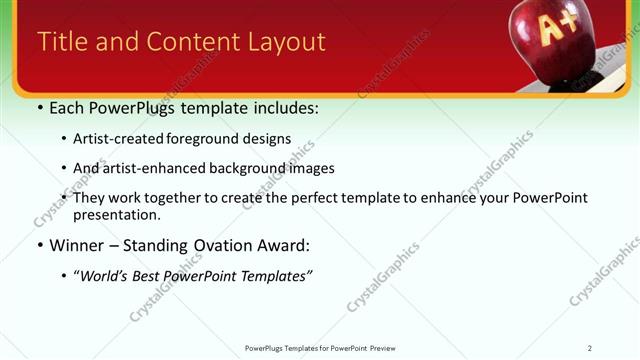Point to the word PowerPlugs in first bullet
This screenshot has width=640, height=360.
point(141,107)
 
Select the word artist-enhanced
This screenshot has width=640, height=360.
point(151,168)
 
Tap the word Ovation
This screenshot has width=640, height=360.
point(222,245)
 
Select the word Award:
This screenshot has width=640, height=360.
point(283,245)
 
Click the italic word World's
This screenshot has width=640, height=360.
point(106,275)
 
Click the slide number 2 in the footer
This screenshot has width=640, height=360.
point(590,347)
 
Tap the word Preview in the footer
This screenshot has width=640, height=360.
point(382,347)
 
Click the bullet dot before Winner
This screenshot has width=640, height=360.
point(40,245)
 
